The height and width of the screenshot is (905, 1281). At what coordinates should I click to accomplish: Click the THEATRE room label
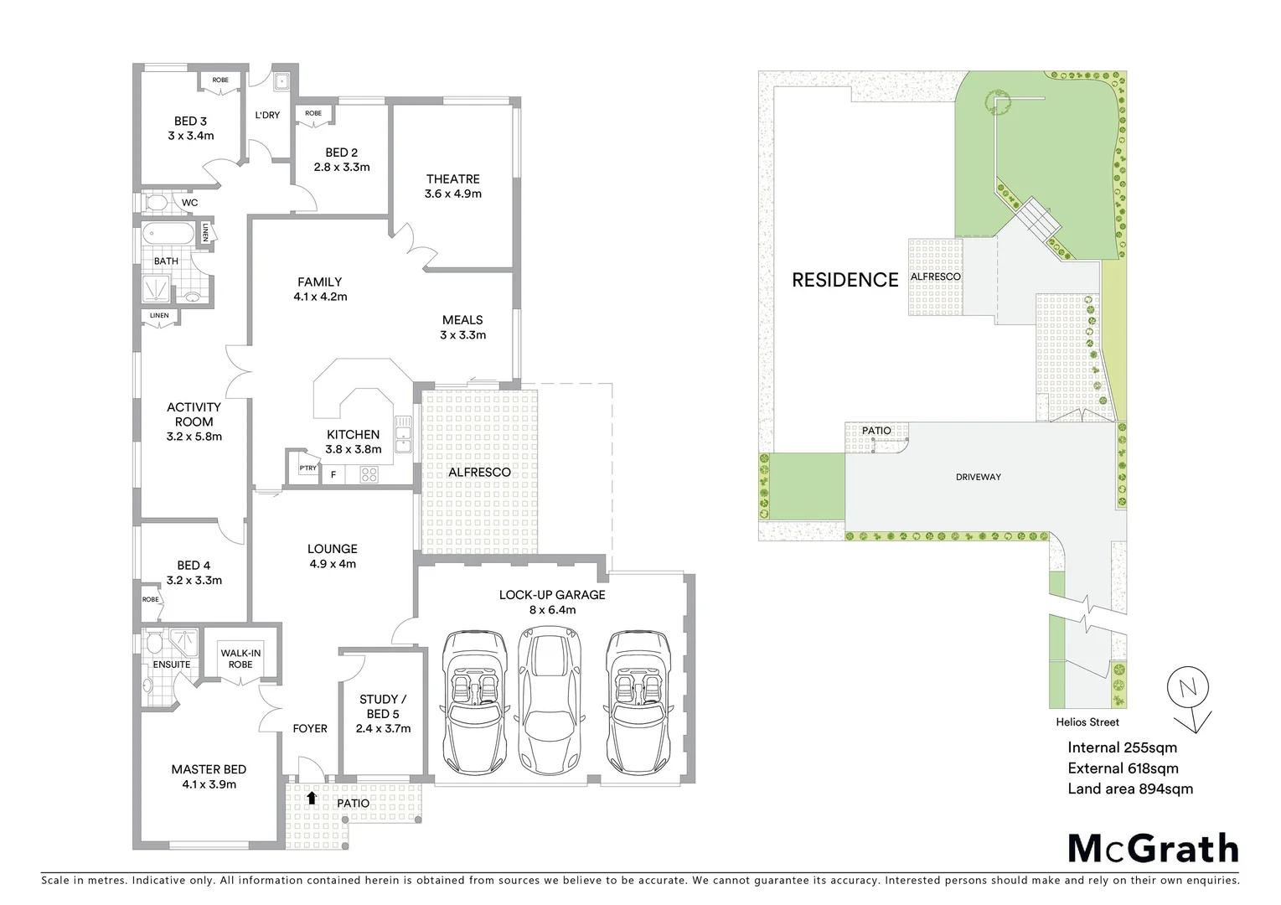[452, 178]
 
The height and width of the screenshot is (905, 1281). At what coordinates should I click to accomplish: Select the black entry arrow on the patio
[312, 798]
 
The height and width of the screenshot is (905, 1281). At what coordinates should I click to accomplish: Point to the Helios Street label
[1087, 721]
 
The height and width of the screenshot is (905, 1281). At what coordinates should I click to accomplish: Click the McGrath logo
[1152, 848]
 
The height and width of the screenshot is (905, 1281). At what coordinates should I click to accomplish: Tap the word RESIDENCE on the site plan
[845, 280]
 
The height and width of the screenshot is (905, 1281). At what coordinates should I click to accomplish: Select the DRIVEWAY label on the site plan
[979, 477]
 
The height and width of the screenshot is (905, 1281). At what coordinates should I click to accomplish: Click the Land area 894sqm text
[1129, 789]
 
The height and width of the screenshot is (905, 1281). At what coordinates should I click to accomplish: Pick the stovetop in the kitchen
[370, 474]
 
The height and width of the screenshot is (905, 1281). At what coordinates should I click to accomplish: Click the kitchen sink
[404, 434]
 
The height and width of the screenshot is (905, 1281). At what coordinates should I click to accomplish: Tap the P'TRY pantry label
[307, 468]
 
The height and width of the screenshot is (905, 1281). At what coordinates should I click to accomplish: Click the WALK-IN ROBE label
[240, 659]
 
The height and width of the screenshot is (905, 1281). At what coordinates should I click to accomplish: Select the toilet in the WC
[155, 203]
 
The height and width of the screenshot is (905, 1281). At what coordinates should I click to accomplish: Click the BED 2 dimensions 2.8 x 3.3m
[341, 167]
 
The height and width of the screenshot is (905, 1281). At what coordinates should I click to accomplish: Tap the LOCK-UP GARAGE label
[551, 595]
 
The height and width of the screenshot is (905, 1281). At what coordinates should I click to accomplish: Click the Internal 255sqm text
[1122, 747]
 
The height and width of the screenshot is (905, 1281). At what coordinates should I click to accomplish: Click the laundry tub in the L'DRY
[281, 82]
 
